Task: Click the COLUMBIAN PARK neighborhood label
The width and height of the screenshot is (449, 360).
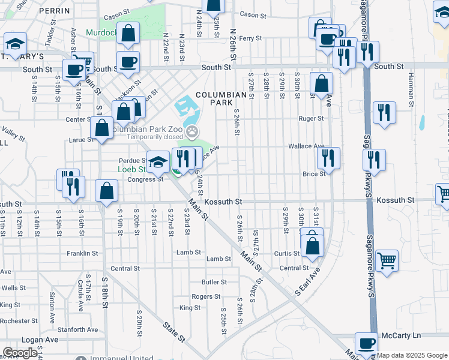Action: click(220, 99)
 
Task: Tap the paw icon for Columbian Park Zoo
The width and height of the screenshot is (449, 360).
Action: click(192, 131)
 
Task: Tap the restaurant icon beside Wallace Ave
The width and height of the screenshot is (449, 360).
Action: click(328, 158)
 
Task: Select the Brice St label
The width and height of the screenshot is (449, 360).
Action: click(314, 173)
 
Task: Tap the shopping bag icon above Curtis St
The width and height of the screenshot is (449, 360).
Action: click(312, 246)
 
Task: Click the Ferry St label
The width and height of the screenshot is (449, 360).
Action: click(250, 38)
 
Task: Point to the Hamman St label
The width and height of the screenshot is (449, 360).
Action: click(411, 88)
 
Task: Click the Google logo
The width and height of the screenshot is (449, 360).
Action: click(20, 353)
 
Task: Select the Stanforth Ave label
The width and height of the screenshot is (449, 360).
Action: click(78, 329)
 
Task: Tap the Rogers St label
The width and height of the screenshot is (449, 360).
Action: click(206, 296)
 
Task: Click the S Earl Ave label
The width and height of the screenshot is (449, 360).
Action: click(305, 281)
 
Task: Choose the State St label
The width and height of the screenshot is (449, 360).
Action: click(173, 332)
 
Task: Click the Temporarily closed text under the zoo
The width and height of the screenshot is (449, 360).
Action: click(155, 136)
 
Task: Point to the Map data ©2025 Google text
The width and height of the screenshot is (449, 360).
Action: click(412, 355)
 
